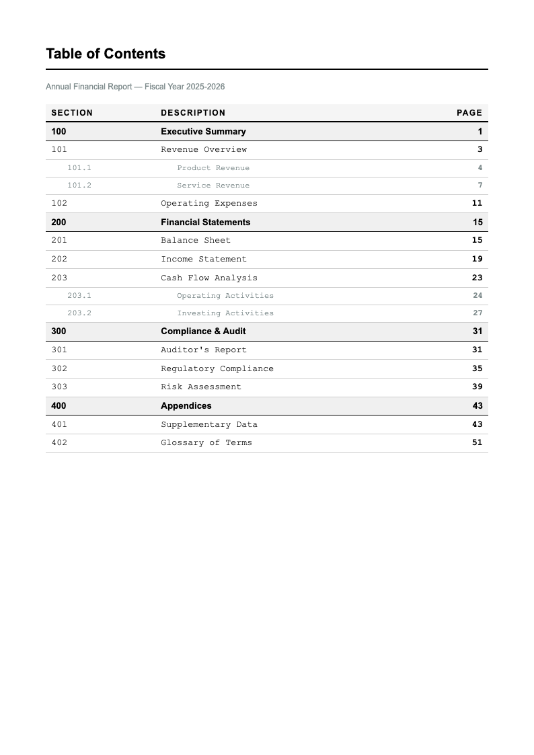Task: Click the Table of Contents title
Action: pyautogui.click(x=106, y=54)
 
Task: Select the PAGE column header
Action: pyautogui.click(x=469, y=113)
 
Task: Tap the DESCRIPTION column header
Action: pyautogui.click(x=193, y=113)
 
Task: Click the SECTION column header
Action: pyautogui.click(x=72, y=113)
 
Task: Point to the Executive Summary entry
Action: pyautogui.click(x=203, y=132)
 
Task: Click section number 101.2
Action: pyautogui.click(x=79, y=186)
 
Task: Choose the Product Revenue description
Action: pyautogui.click(x=213, y=168)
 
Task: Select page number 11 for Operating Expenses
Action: pyautogui.click(x=477, y=203)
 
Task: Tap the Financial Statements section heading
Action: pyautogui.click(x=205, y=223)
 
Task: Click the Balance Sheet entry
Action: pyautogui.click(x=196, y=240)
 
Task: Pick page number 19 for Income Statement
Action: pyautogui.click(x=477, y=259)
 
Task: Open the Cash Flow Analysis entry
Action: pyautogui.click(x=209, y=278)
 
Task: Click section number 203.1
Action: pyautogui.click(x=79, y=296)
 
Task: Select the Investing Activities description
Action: pyautogui.click(x=225, y=313)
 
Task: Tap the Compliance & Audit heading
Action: pyautogui.click(x=203, y=331)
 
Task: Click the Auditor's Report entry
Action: pyautogui.click(x=204, y=350)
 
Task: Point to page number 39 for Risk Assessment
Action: pyautogui.click(x=477, y=387)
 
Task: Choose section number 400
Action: pyautogui.click(x=59, y=406)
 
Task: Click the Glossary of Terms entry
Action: pyautogui.click(x=206, y=442)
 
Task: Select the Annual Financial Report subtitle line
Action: pyautogui.click(x=135, y=87)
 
